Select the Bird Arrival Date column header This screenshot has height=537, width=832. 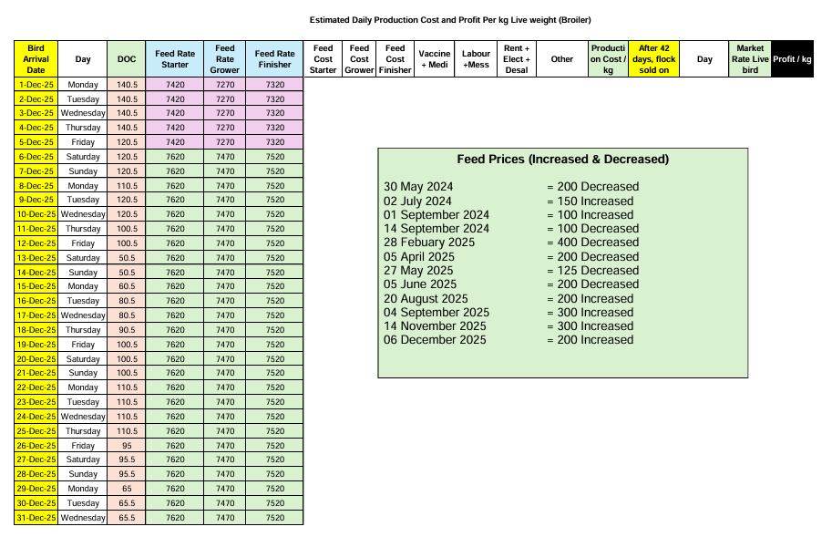pos(36,59)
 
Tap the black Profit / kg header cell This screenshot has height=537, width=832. pos(792,59)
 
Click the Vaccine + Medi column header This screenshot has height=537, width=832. pos(435,59)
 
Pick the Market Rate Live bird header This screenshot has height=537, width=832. pos(750,59)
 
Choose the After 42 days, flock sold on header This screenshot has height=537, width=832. pos(653,59)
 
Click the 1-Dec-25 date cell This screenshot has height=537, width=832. pos(36,85)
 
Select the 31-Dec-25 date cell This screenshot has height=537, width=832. pos(36,518)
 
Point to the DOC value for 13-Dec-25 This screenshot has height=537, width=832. pos(127,258)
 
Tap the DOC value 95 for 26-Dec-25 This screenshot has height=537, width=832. pos(127,446)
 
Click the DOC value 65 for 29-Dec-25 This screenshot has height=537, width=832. pos(127,489)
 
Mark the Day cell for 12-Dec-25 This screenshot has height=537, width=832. pos(83,243)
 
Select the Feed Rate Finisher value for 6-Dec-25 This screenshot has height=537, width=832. pos(275,157)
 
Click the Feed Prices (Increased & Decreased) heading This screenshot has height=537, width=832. pos(562,160)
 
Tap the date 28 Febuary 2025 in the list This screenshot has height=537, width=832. pos(429,243)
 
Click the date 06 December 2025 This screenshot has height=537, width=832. pos(435,340)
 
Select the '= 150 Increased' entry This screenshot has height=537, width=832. pos(591,201)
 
